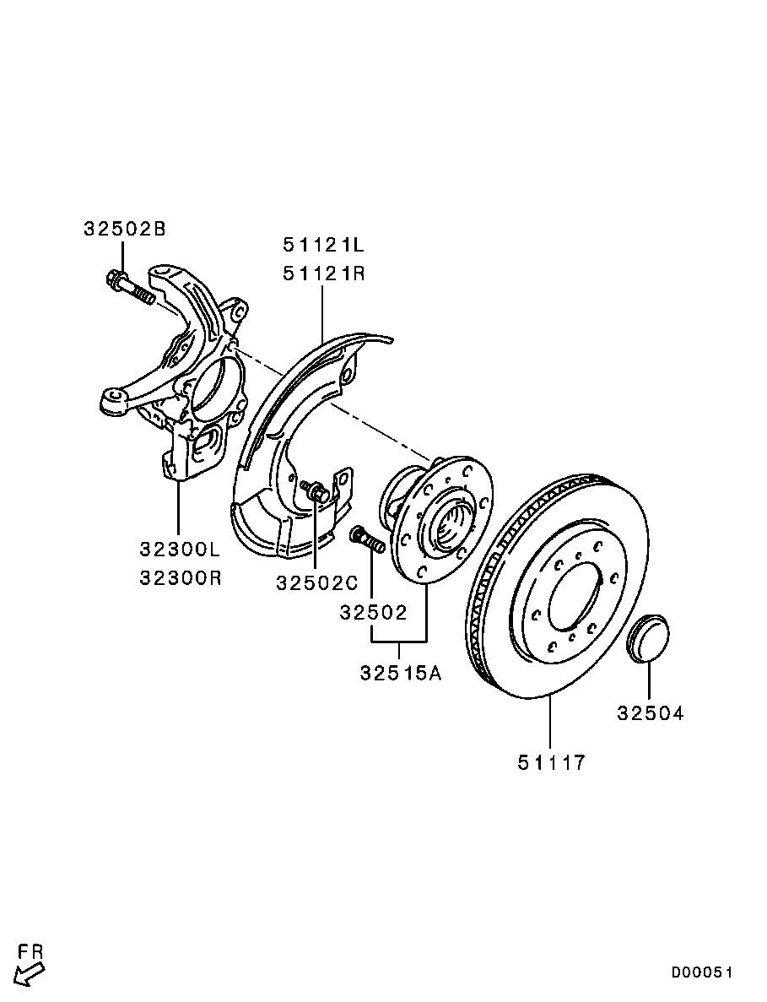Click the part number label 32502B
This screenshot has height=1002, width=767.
pyautogui.click(x=125, y=229)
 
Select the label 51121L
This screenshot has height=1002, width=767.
pyautogui.click(x=322, y=246)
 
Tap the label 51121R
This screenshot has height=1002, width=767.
pyautogui.click(x=322, y=274)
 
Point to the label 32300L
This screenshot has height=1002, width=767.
pyautogui.click(x=180, y=550)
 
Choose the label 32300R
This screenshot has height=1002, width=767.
pyautogui.click(x=180, y=579)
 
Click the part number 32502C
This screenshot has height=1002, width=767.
pyautogui.click(x=316, y=583)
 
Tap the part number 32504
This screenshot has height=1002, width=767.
pyautogui.click(x=650, y=713)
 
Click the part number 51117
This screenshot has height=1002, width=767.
pyautogui.click(x=551, y=762)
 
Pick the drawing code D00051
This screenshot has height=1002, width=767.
pyautogui.click(x=702, y=972)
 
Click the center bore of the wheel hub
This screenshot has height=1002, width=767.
pyautogui.click(x=448, y=523)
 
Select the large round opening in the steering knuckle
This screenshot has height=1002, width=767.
pyautogui.click(x=215, y=389)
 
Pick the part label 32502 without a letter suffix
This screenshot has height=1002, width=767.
pyautogui.click(x=373, y=612)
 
